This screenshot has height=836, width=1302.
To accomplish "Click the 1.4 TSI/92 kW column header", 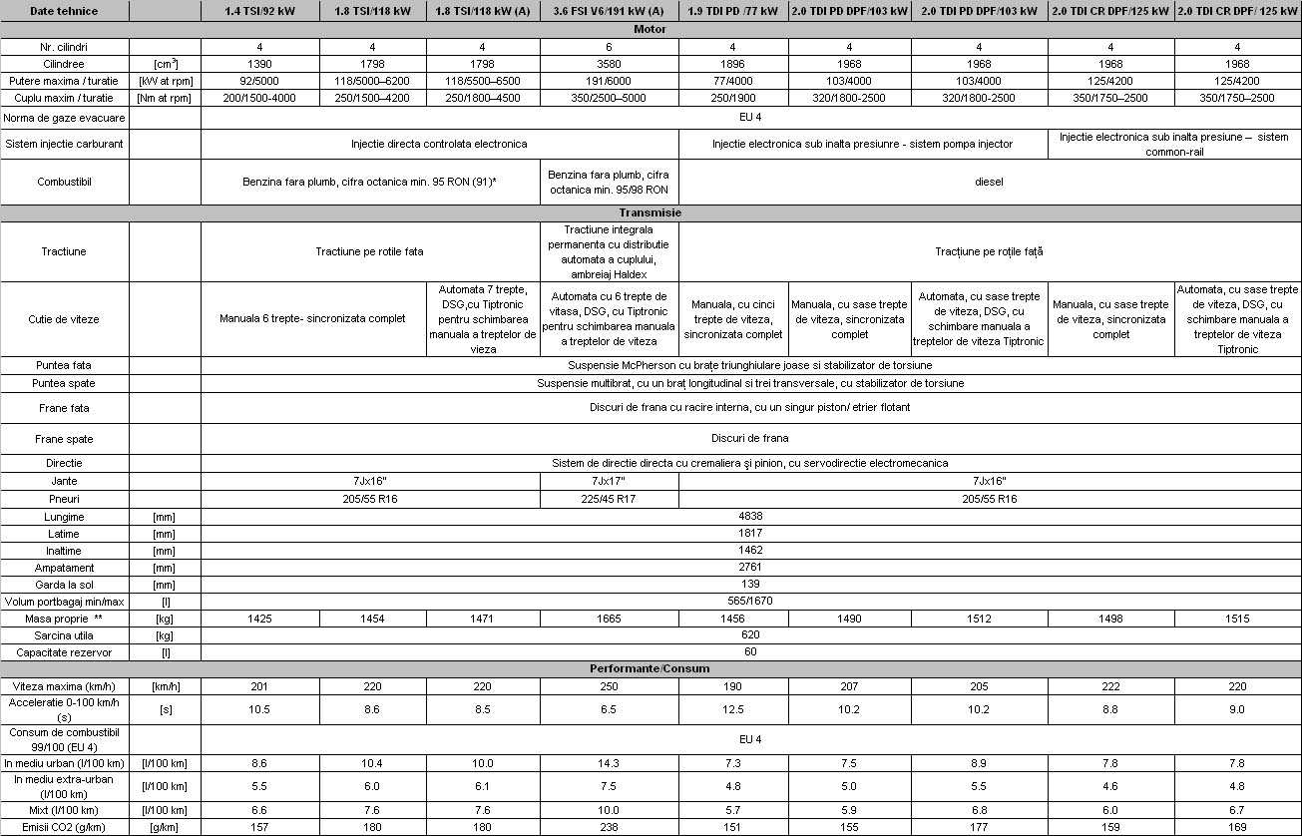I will click(x=260, y=11).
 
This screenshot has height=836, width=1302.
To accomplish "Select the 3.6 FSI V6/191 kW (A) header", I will click(x=609, y=11).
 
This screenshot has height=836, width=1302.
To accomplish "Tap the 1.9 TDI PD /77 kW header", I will click(x=733, y=11).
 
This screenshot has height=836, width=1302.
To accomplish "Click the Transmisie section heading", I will click(x=651, y=212).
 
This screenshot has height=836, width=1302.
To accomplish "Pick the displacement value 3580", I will click(x=609, y=64).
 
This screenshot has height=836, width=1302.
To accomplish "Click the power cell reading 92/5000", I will click(x=260, y=81).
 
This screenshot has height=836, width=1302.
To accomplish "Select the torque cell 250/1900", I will click(x=733, y=98).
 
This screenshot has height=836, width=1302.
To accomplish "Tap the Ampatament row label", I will click(x=65, y=568).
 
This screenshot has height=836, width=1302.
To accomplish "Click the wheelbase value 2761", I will click(x=750, y=568).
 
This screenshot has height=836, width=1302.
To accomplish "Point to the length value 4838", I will click(x=750, y=517).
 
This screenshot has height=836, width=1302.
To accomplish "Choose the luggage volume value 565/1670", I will click(x=750, y=602).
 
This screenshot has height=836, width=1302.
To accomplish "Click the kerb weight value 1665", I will click(x=609, y=620).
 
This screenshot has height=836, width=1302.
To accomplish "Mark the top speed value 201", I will click(x=260, y=686).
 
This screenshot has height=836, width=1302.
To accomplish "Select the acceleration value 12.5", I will click(x=733, y=709).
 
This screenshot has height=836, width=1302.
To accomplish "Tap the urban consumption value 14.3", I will click(x=609, y=763).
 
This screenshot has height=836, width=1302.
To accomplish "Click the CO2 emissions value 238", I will click(x=609, y=827).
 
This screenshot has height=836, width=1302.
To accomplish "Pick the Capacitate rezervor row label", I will click(x=65, y=652).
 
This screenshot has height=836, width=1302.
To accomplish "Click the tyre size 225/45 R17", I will click(x=609, y=499).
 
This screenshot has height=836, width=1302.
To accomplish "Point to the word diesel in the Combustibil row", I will click(x=989, y=183).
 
